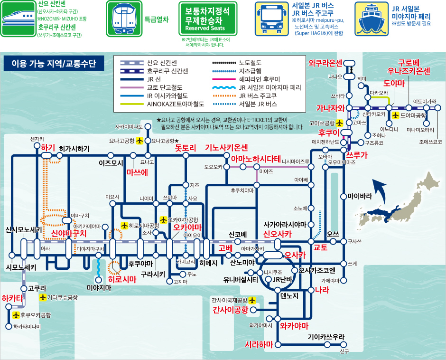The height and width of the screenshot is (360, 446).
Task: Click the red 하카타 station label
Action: point(12,298)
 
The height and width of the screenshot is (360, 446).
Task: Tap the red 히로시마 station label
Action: point(122,279)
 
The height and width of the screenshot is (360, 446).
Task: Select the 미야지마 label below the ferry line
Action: point(99,288)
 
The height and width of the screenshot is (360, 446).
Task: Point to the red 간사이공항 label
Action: point(231,310)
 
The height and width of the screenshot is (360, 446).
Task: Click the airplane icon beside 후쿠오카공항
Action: point(16,315)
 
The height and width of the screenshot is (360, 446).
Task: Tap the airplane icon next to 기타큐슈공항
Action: point(43,297)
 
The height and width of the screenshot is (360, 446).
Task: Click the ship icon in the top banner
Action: point(372,19)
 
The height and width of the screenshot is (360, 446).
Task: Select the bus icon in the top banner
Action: point(272,19)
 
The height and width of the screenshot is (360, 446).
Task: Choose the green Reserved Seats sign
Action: point(208,19)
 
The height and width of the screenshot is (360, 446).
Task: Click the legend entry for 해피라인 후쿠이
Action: point(246,79)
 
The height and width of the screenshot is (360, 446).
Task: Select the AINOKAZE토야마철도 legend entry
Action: point(162,104)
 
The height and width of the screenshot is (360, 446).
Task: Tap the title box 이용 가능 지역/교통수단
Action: point(54,63)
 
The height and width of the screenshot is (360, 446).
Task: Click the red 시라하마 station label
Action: point(259,345)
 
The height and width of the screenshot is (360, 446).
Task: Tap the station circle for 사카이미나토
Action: point(148,126)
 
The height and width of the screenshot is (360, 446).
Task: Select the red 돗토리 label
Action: point(186,148)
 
